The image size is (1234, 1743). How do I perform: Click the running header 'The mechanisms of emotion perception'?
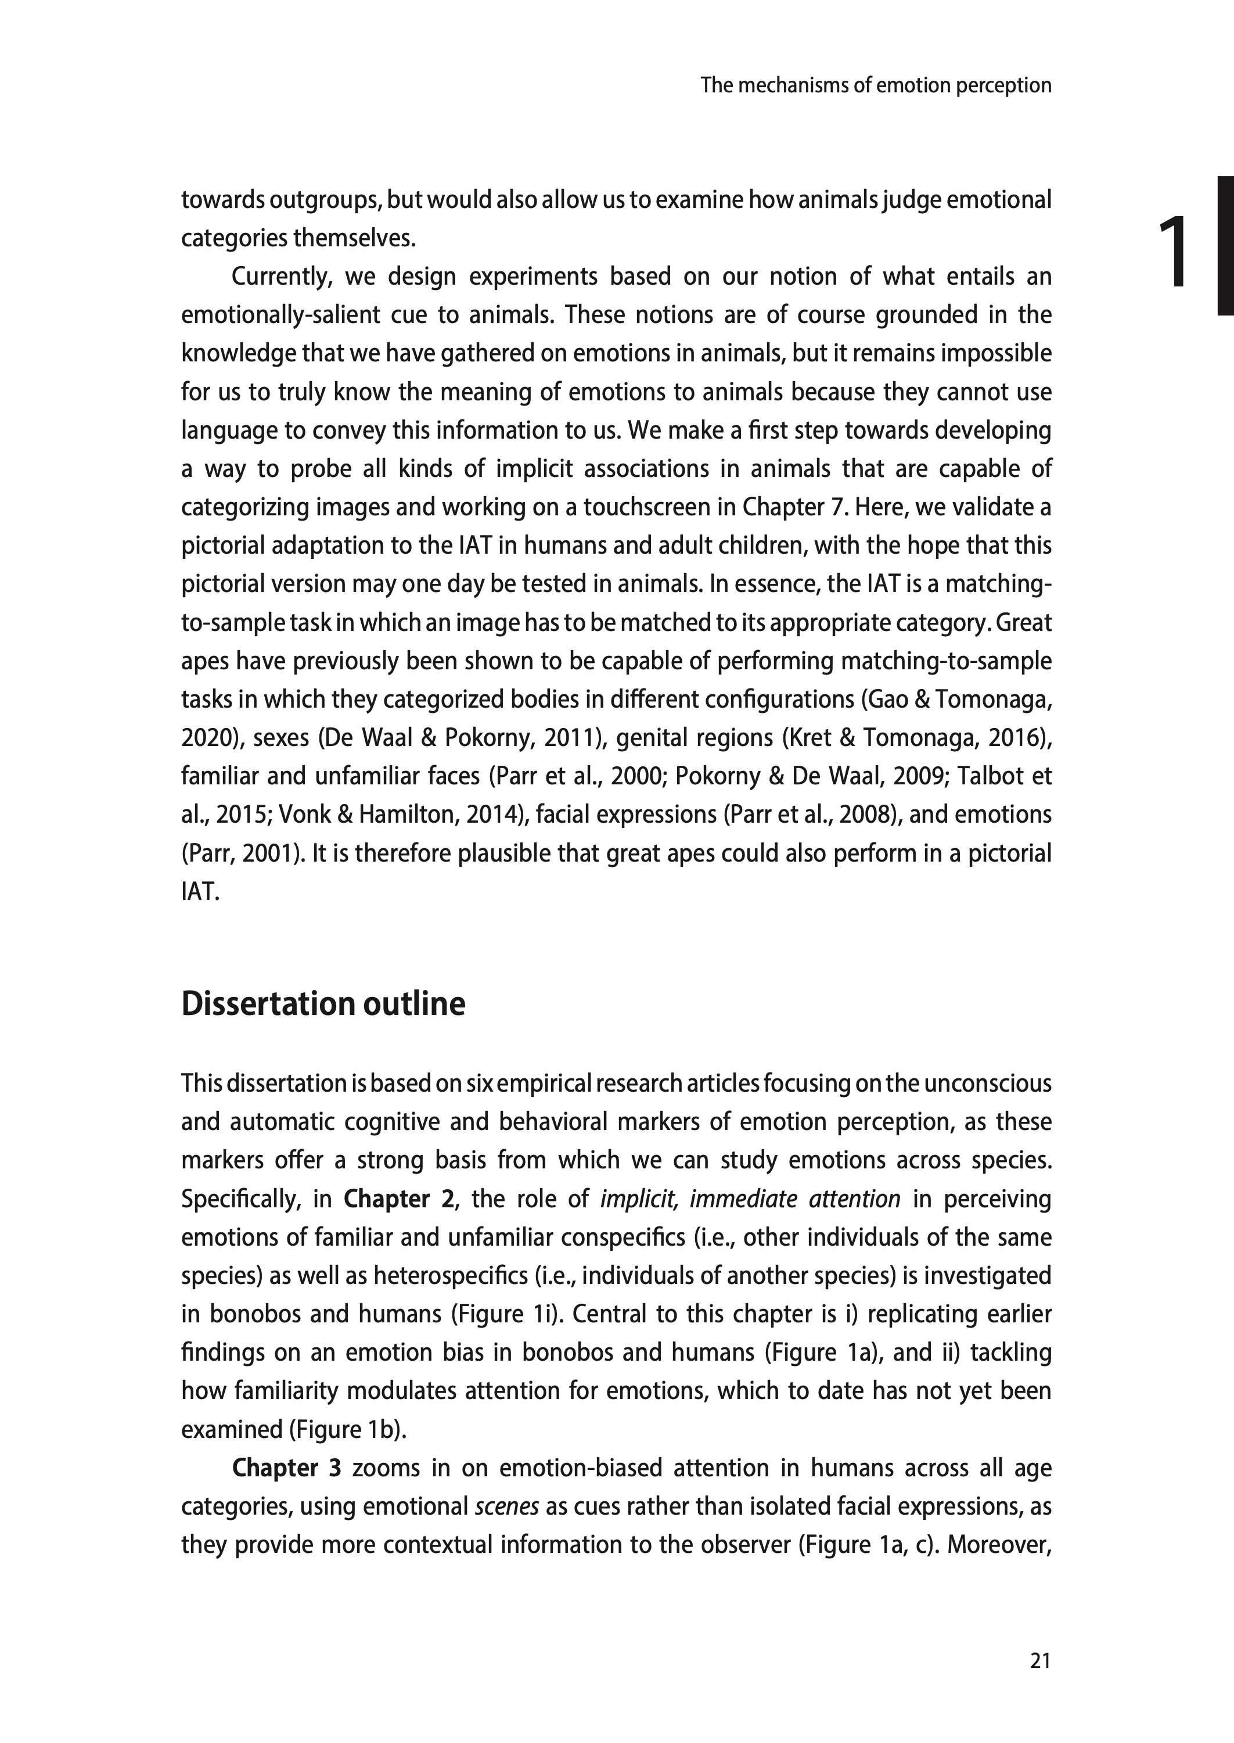coord(875,85)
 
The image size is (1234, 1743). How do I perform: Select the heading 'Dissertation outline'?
coord(323,1003)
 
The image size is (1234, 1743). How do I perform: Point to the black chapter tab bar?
coord(1224,246)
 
